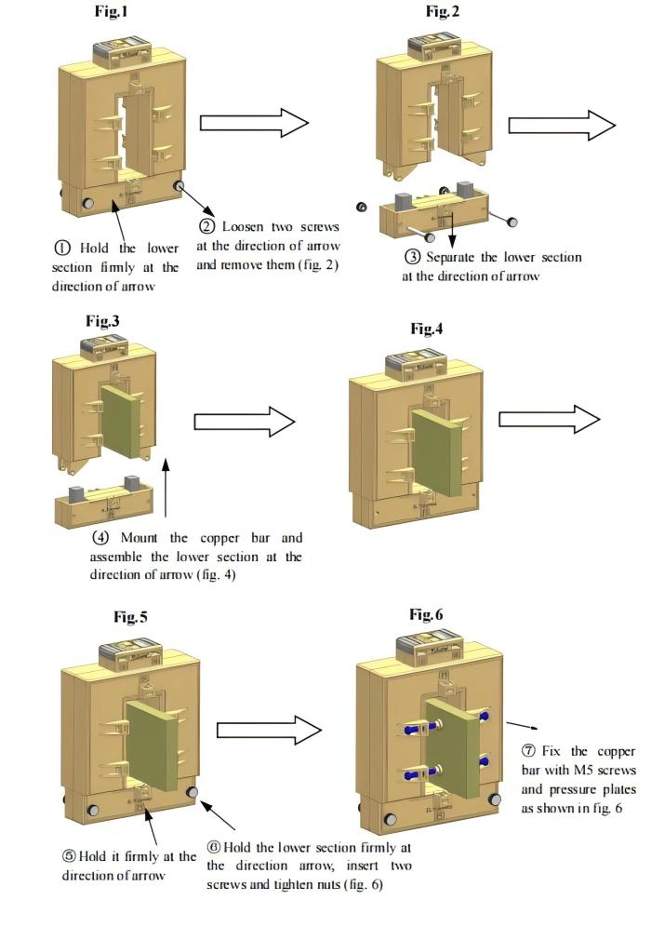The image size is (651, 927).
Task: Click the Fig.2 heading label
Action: click(x=443, y=11)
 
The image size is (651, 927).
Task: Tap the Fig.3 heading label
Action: click(x=102, y=321)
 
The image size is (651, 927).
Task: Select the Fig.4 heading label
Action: click(x=427, y=329)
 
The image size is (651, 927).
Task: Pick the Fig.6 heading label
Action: click(x=427, y=614)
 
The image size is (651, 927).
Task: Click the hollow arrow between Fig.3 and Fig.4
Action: click(x=244, y=422)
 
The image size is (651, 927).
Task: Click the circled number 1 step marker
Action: click(x=62, y=249)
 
